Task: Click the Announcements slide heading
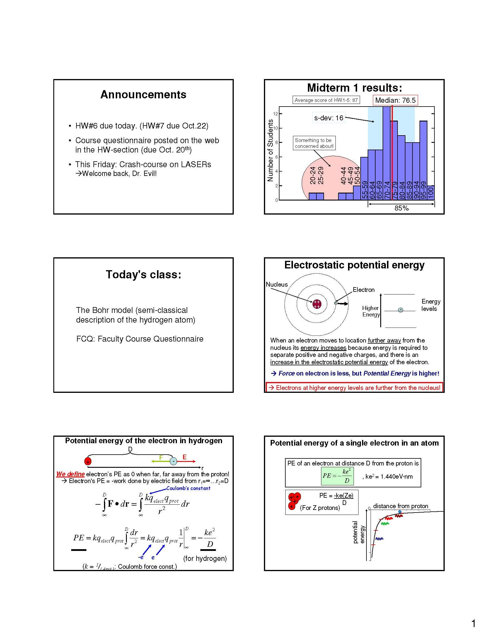[143, 95]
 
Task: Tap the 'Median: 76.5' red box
[395, 100]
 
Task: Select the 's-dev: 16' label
[329, 118]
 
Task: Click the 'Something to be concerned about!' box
[314, 143]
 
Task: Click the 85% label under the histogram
[402, 208]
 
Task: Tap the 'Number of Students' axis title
[270, 150]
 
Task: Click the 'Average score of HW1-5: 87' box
[326, 100]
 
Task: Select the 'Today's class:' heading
[143, 275]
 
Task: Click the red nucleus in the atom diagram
[317, 304]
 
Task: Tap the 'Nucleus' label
[277, 284]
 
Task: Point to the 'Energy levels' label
[431, 305]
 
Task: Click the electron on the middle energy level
[400, 310]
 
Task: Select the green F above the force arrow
[161, 458]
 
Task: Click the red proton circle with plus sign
[88, 461]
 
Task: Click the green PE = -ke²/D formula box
[337, 476]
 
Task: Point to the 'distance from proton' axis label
[400, 506]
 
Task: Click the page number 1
[473, 621]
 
